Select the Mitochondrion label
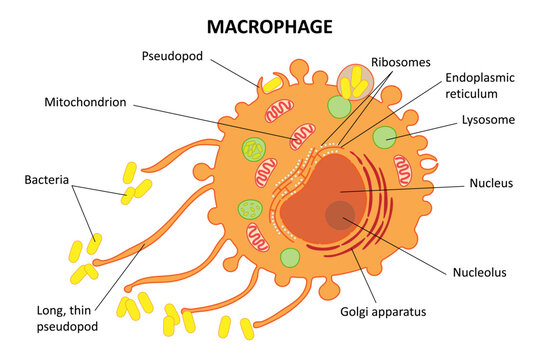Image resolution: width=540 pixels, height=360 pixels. point(85,102)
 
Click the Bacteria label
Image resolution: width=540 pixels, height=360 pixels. point(47,181)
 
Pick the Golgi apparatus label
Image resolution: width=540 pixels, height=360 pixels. point(384,313)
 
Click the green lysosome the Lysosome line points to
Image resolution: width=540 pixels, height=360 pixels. point(384,138)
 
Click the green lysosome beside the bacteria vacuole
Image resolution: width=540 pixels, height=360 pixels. point(335,106)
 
